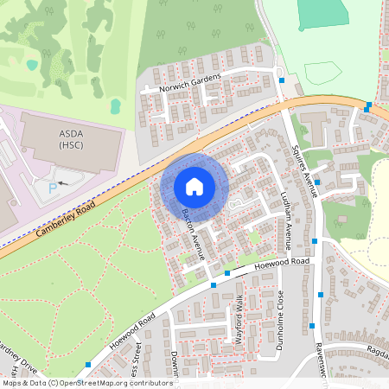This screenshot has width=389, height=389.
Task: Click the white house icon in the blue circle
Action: click(x=194, y=187)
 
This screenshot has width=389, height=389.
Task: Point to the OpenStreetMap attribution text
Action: click(x=87, y=383)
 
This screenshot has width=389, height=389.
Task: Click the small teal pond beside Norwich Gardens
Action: click(x=115, y=105)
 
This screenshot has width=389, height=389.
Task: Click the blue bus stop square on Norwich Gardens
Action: click(x=281, y=80)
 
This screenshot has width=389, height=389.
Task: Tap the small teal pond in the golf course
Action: click(x=32, y=65)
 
